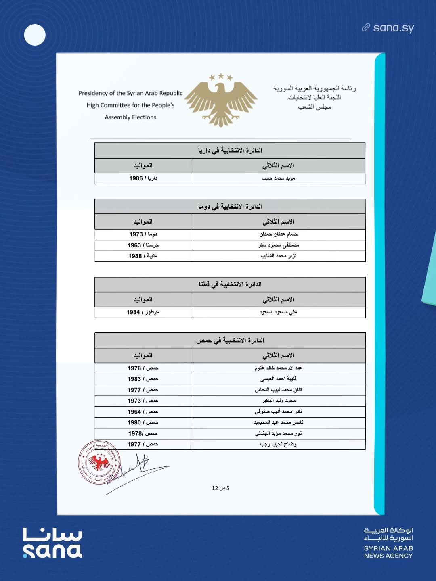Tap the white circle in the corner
click(35, 35)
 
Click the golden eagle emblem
click(221, 100)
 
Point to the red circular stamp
click(99, 462)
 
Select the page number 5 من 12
click(220, 488)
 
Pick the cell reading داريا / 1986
click(143, 178)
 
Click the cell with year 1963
click(143, 245)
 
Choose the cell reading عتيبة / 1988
click(143, 256)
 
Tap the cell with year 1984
click(143, 312)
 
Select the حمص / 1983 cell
click(143, 379)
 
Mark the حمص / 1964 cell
click(143, 412)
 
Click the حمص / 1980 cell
click(143, 423)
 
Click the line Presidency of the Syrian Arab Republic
click(130, 93)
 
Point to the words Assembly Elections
click(130, 117)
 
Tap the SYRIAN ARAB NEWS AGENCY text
click(388, 552)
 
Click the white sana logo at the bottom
click(52, 543)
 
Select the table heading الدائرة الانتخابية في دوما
click(230, 207)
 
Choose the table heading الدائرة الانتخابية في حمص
click(230, 341)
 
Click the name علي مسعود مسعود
click(278, 312)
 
